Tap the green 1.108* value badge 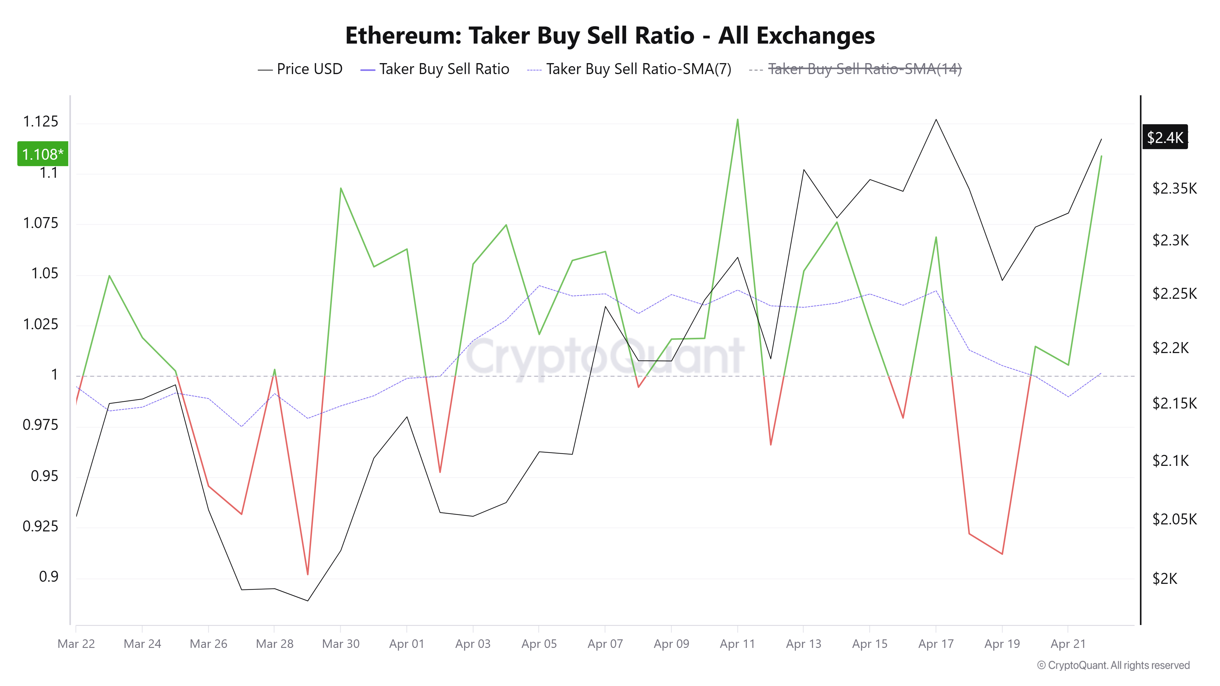coord(43,154)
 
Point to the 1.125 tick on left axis coord(41,122)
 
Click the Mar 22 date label coord(76,644)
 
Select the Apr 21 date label coord(1068,644)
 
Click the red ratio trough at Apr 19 coord(1002,553)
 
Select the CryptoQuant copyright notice coord(1113,665)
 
